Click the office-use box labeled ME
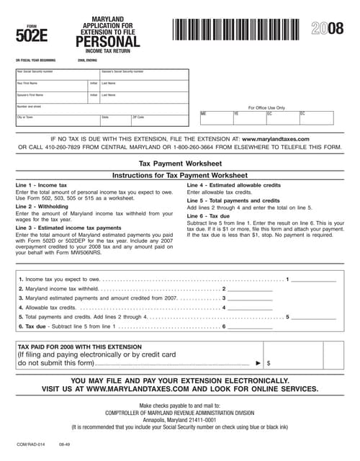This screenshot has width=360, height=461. tap(216, 117)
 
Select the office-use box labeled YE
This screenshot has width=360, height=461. tap(249, 117)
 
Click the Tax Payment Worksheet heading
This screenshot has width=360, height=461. tap(179, 164)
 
